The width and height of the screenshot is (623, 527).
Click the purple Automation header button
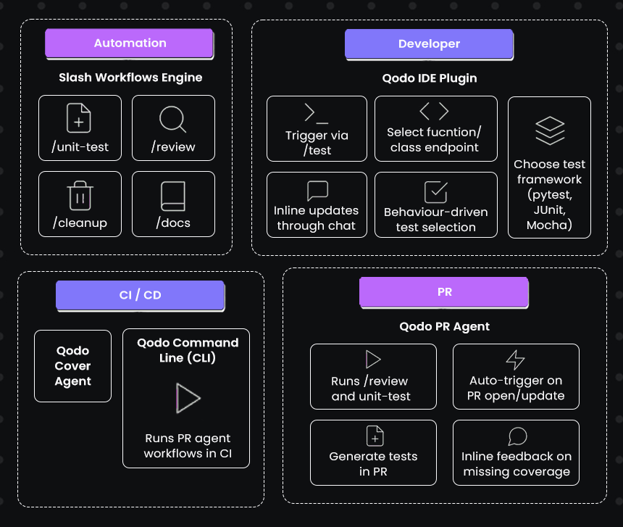[x=130, y=43]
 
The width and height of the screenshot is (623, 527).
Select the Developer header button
[x=429, y=44]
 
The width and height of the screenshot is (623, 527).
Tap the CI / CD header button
[x=140, y=296]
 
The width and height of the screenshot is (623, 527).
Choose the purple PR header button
[x=444, y=292]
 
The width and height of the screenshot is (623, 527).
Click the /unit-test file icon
[x=79, y=117]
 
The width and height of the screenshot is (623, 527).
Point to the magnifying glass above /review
[x=172, y=118]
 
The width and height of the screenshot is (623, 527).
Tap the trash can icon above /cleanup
[x=79, y=196]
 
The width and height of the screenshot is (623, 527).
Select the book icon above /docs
[x=173, y=196]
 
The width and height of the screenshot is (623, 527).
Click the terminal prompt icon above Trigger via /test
[x=317, y=113]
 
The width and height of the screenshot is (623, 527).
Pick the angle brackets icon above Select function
[x=434, y=111]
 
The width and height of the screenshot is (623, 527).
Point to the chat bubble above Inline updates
[x=317, y=191]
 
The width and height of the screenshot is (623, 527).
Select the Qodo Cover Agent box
[x=73, y=366]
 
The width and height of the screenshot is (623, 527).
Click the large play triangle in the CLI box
[x=188, y=398]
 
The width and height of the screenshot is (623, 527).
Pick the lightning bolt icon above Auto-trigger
[x=515, y=360]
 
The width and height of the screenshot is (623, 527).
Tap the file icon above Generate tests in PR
[x=374, y=436]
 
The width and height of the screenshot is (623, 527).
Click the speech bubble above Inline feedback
[x=517, y=436]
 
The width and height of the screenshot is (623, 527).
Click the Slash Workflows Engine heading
[x=130, y=78]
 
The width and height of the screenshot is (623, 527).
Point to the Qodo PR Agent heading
[x=444, y=326]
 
